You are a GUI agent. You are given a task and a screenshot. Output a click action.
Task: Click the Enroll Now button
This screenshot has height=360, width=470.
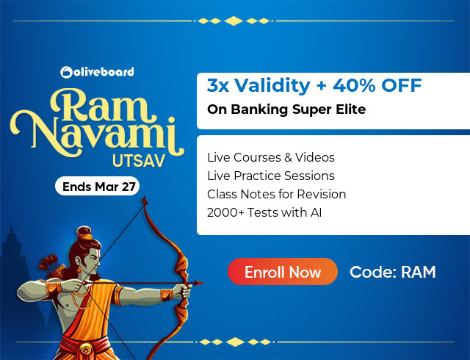[283, 272]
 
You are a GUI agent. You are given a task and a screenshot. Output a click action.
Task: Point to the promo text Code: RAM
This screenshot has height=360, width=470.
[393, 272]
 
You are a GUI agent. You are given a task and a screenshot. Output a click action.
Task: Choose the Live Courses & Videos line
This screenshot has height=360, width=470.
[271, 157]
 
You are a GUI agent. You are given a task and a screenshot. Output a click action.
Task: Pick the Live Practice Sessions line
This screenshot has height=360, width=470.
[271, 176]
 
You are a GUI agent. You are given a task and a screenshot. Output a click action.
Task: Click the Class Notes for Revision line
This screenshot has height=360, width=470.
[277, 194]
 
